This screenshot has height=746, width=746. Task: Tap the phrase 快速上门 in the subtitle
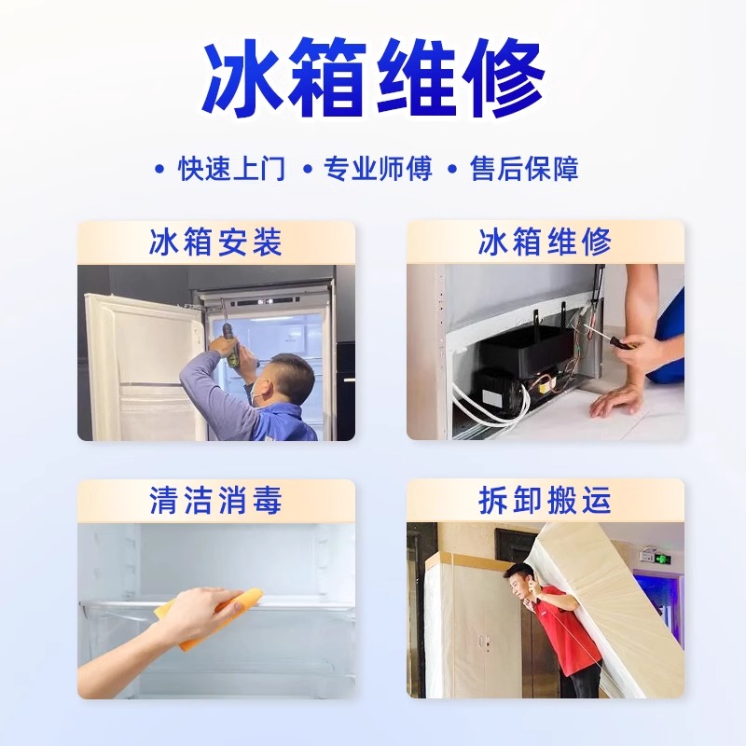coord(231,168)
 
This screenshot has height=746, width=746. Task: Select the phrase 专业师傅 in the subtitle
coord(378,168)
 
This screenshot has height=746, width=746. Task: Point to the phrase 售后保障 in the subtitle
coord(524,168)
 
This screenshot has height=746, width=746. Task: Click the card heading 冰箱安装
coord(215,242)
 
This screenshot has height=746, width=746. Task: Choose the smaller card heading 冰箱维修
coord(545,242)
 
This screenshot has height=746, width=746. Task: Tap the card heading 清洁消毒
coord(215,500)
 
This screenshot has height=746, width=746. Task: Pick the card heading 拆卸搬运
coord(545,500)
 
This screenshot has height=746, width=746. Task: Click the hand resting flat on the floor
coord(617,401)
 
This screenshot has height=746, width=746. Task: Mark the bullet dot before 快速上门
coord(159,169)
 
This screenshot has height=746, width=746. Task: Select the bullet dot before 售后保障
coord(452,169)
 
